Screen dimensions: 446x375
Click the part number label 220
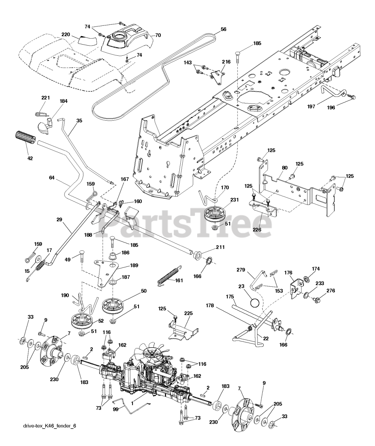[x=66, y=34]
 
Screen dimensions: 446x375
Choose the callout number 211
[x=220, y=247]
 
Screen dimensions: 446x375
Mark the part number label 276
[x=330, y=291]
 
